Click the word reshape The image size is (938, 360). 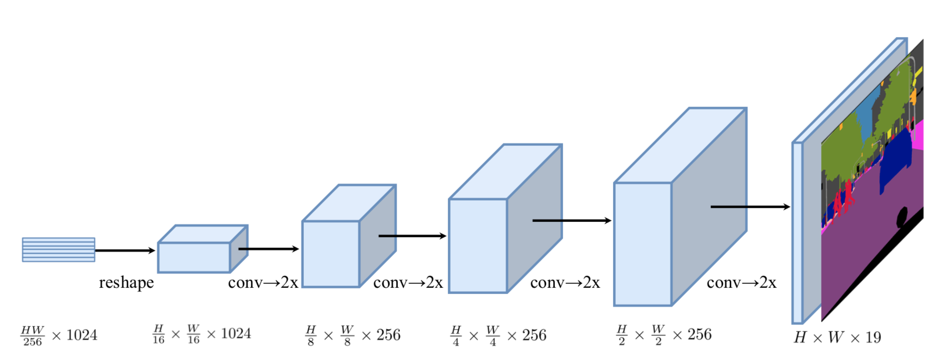126,283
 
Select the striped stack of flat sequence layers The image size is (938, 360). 58,250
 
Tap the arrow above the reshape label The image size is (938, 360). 125,250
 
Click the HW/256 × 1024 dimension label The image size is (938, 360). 59,335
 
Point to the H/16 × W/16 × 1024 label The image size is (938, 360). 202,334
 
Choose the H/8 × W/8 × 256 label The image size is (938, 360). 353,335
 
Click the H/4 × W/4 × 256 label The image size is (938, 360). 499,335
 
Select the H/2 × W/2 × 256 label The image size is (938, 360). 664,334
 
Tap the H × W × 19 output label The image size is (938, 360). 837,337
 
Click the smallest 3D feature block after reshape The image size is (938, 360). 194,257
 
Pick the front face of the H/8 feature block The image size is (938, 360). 331,254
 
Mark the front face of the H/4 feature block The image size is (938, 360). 478,246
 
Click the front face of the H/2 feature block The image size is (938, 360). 643,244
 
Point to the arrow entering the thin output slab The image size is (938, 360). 750,207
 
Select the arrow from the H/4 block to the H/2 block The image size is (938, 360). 572,220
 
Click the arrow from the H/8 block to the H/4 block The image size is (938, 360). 412,236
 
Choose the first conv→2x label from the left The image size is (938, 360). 263,283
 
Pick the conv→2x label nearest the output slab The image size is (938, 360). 742,283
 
